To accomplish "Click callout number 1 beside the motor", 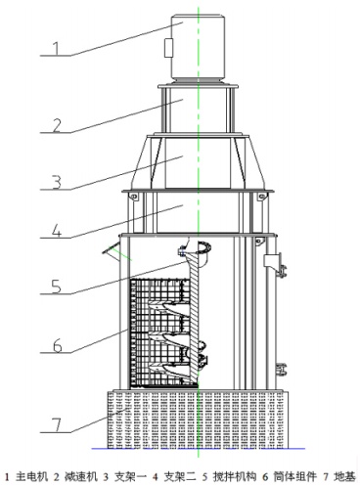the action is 57,49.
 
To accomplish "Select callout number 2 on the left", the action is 57,126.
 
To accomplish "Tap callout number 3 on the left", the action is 57,182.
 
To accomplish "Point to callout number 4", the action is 57,231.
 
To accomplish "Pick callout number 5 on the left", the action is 57,287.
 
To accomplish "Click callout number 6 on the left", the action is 58,346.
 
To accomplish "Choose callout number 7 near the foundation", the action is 57,425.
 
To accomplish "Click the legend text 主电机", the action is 31,477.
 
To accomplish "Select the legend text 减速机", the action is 81,477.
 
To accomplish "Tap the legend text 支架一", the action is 130,477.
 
